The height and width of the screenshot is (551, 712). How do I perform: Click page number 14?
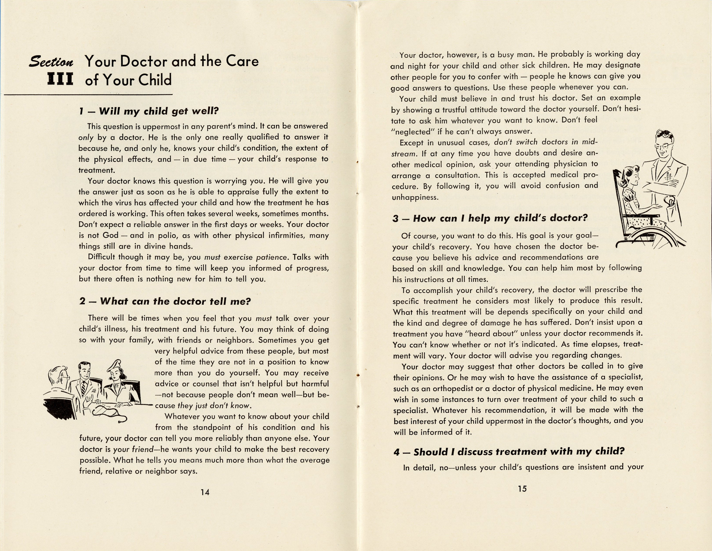click(x=205, y=492)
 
